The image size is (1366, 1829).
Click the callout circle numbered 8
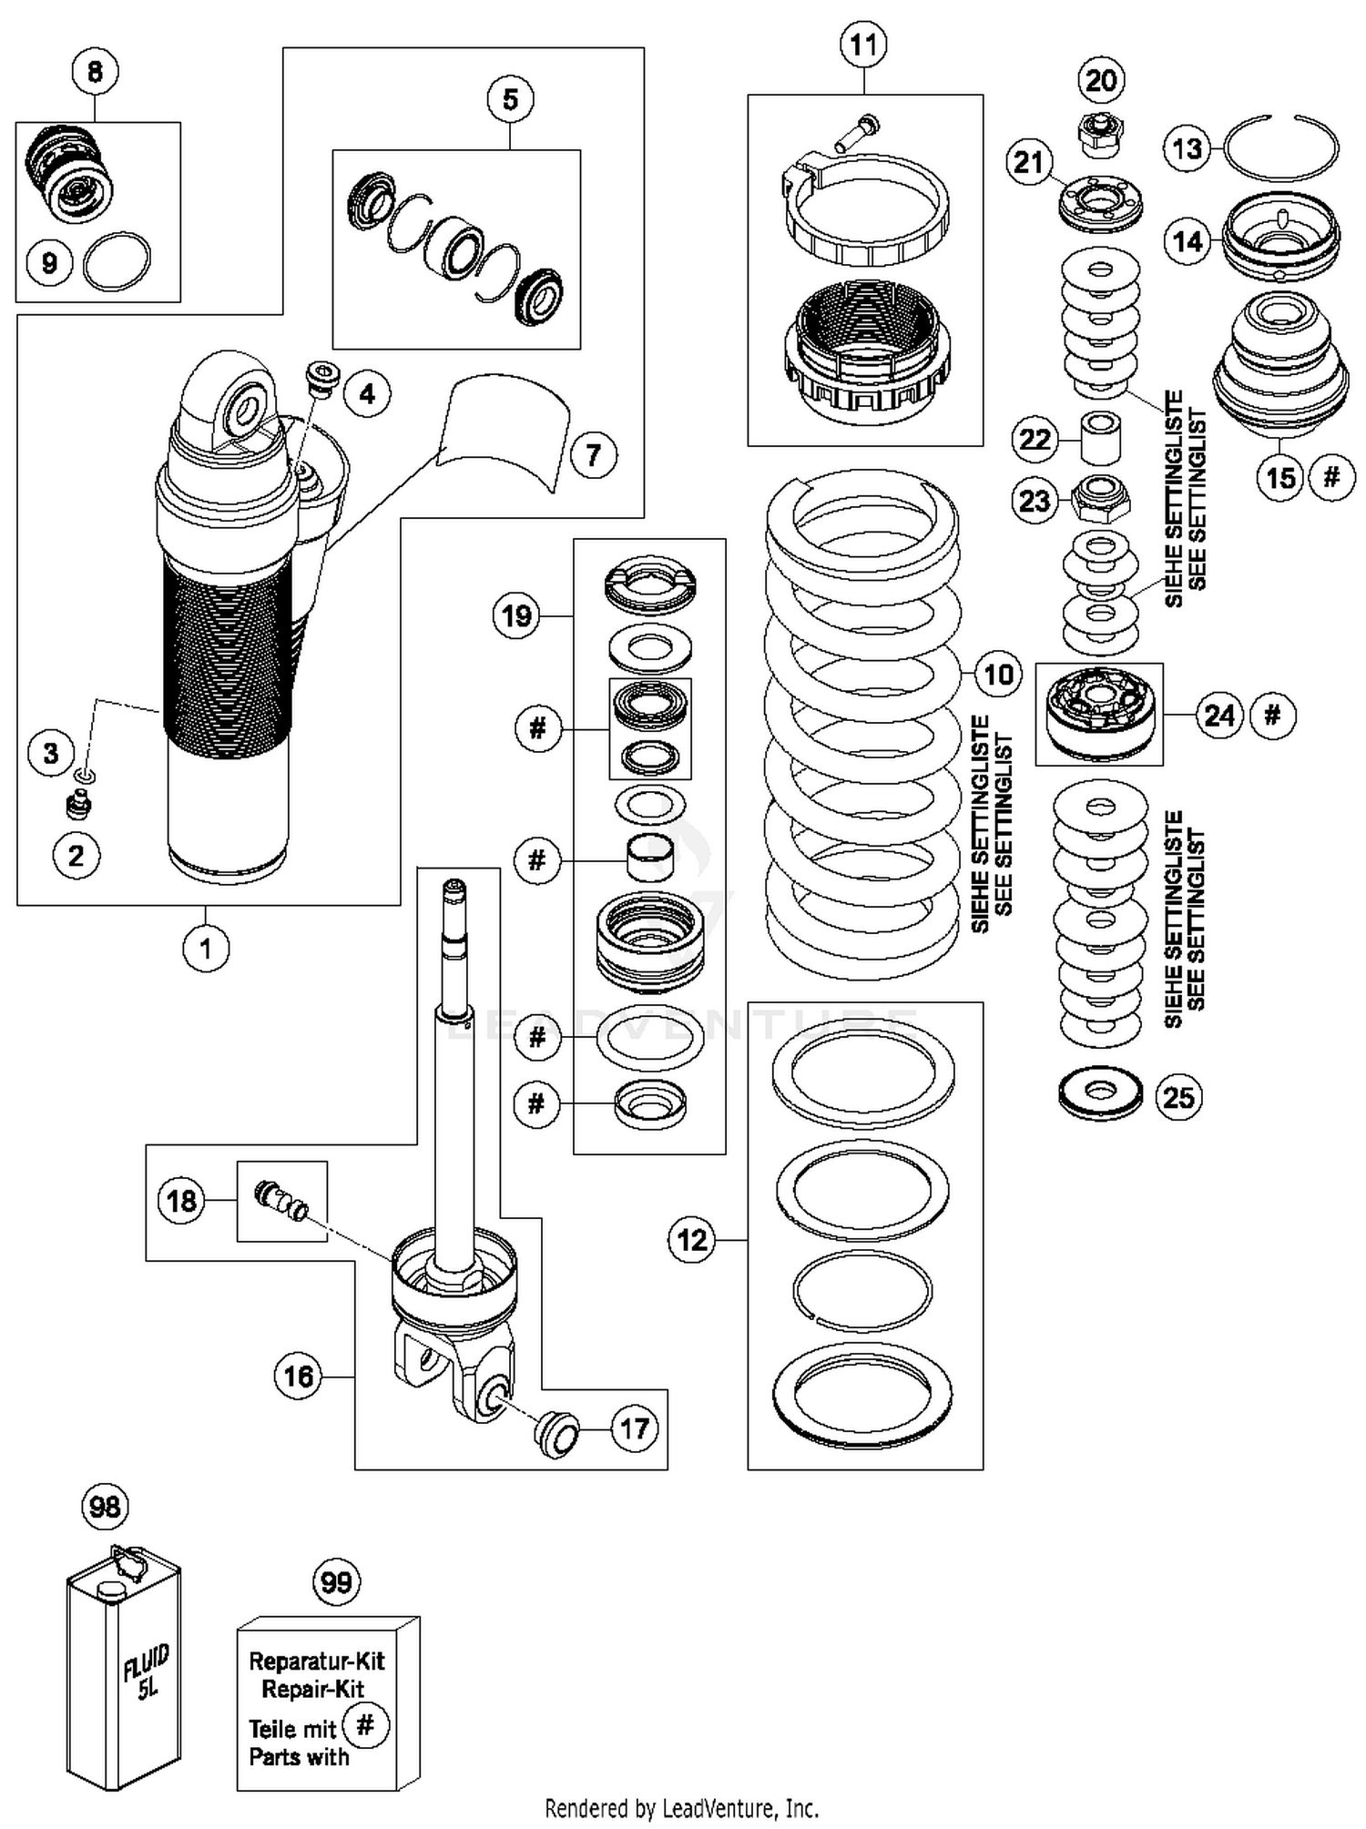95,71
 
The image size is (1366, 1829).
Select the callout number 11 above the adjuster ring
863,44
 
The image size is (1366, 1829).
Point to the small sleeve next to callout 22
1100,438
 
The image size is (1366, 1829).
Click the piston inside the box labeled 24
1100,715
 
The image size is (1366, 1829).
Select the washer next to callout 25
1100,1094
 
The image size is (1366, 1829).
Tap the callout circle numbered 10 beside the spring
998,675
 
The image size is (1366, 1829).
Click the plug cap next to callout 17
556,1434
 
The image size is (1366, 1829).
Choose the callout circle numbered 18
181,1200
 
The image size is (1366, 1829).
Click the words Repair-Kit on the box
312,1689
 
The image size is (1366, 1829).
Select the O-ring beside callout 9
117,263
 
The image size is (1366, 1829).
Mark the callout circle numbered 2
76,856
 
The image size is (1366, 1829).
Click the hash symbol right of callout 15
1331,476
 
